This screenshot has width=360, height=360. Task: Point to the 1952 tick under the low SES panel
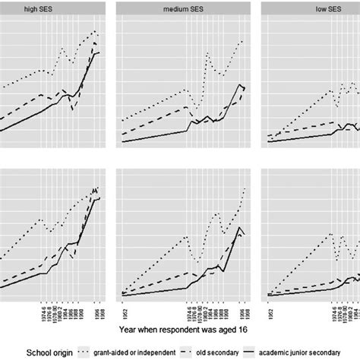pos(271,309)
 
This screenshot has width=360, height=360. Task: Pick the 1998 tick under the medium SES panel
pos(245,309)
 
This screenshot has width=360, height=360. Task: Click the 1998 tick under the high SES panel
pos(100,309)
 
